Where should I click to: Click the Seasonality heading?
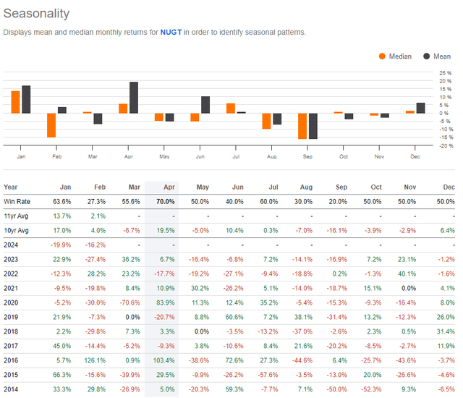tap(37, 14)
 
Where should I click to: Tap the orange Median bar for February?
tap(51, 124)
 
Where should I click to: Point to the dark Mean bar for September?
tap(313, 126)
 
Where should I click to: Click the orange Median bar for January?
tap(15, 102)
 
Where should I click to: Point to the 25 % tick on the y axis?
tap(445, 73)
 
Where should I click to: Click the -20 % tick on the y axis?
tap(444, 145)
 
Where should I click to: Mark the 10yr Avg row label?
tap(18, 231)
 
